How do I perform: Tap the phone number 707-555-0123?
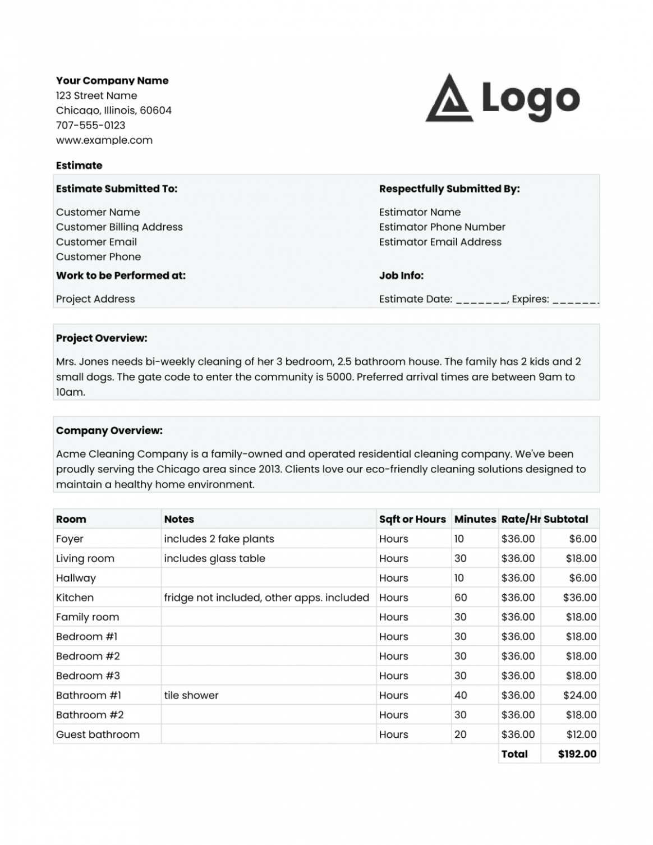[x=90, y=125]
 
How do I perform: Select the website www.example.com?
[x=104, y=140]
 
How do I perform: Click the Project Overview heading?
[x=102, y=338]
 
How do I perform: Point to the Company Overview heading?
[x=109, y=431]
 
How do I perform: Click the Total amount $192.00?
[x=577, y=754]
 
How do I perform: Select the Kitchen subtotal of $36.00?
[x=580, y=598]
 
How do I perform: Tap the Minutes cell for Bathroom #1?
[x=461, y=695]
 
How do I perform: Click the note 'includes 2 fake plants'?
[x=219, y=539]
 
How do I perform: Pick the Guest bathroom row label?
[x=98, y=734]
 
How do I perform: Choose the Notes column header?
[x=179, y=520]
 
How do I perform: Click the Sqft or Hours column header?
[x=412, y=520]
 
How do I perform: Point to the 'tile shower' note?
[x=191, y=695]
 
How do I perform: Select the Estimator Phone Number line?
[x=442, y=227]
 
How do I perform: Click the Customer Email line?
[x=96, y=242]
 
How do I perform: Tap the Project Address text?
[x=95, y=299]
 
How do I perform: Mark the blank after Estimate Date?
[x=481, y=300]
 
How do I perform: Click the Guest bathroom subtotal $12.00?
[x=581, y=734]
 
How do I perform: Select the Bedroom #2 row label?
[x=88, y=656]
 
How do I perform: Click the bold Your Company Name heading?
[x=112, y=81]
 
